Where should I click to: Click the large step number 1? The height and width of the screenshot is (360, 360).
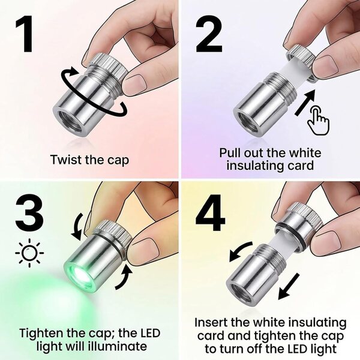click(x=24, y=34)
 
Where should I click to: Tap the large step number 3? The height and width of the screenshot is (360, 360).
click(x=29, y=212)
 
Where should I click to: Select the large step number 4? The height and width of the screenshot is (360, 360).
click(x=211, y=212)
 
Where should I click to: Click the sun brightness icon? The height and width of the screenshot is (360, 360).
click(x=29, y=253)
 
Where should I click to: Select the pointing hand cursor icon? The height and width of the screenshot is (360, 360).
click(x=318, y=121)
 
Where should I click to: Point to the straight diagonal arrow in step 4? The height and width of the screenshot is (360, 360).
click(x=289, y=287)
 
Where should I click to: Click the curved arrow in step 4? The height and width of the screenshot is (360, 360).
click(x=239, y=250)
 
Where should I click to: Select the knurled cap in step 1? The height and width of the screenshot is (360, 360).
click(x=107, y=66)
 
